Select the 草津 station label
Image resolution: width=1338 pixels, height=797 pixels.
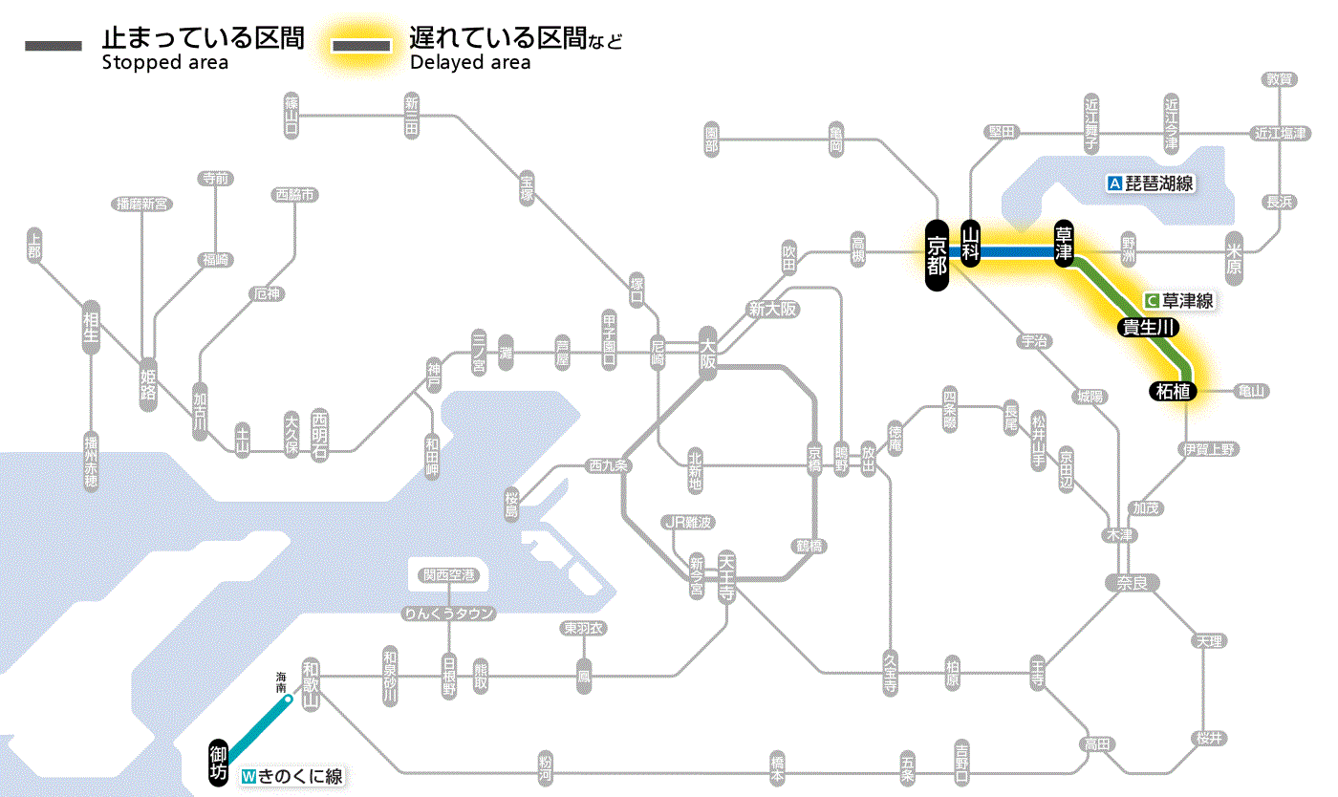1064,244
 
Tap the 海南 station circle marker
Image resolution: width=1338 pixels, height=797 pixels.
288,700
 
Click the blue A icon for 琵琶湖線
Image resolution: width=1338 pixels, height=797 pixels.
1113,183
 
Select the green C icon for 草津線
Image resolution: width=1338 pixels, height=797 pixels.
1152,300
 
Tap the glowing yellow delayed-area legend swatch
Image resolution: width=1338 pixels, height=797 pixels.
361,46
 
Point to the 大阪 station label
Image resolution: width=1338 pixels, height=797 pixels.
707,355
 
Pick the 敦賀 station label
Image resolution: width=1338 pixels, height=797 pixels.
1279,79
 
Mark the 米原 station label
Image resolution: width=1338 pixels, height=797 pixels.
1234,260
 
